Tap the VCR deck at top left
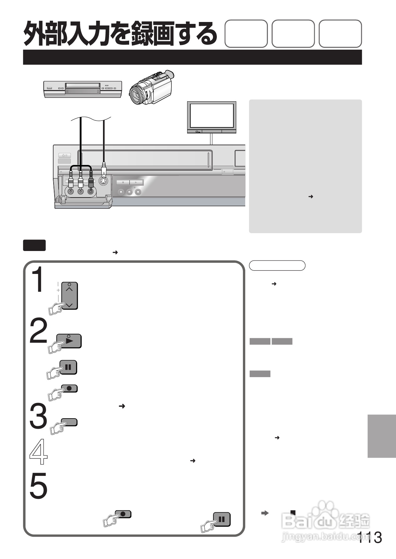point(83,89)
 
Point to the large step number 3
point(39,416)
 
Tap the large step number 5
point(39,486)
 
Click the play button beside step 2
point(69,341)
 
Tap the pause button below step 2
point(68,367)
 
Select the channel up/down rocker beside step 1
point(70,296)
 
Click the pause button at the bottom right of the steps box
point(222,520)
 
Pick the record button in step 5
point(123,514)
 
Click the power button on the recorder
point(64,155)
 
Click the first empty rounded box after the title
point(246,34)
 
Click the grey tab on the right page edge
point(382,436)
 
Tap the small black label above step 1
point(34,245)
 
